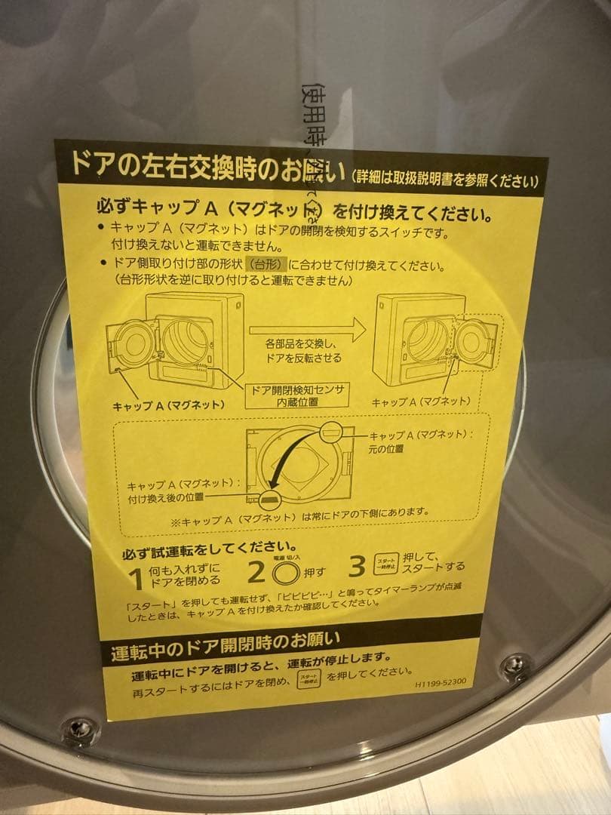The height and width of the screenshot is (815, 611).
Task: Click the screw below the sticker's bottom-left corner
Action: coord(80,728)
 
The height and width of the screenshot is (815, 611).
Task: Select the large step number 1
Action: coord(136,579)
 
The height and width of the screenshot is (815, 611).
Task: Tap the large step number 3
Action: coord(357,566)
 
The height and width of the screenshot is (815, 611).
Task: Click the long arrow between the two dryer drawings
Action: coord(306,329)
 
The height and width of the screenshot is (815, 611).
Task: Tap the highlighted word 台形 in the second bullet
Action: coord(268,266)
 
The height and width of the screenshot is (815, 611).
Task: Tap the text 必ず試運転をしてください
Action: coord(207,546)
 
